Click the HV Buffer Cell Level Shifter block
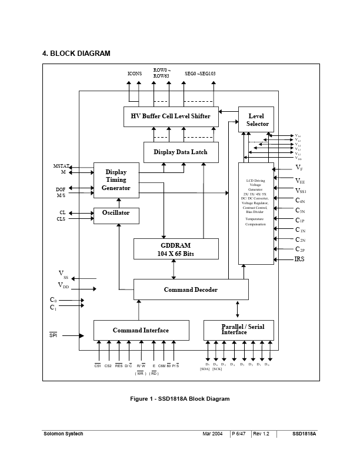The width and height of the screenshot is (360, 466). (171, 116)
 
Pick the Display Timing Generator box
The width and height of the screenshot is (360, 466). (116, 180)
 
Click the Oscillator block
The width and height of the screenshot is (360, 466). (116, 213)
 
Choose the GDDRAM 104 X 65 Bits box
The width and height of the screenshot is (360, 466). (176, 249)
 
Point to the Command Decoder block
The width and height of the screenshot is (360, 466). (191, 289)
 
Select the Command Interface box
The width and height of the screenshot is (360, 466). (141, 330)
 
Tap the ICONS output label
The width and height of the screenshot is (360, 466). (134, 74)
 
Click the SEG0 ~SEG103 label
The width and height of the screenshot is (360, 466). (200, 74)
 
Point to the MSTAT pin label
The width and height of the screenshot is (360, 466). (61, 167)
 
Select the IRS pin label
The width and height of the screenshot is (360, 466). (300, 259)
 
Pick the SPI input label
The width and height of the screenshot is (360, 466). (54, 335)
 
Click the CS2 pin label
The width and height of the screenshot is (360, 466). (108, 366)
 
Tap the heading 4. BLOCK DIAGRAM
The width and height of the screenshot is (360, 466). (76, 54)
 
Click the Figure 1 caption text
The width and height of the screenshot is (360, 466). (179, 399)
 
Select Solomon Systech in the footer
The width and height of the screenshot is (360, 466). (63, 434)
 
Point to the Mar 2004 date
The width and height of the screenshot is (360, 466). (213, 434)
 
